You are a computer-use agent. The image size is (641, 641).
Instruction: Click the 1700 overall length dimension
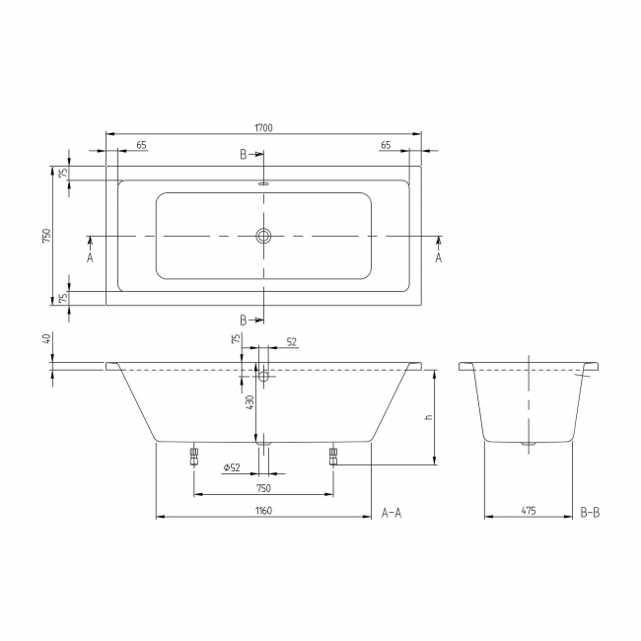tap(263, 127)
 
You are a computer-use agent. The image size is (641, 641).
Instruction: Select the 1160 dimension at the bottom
tap(262, 511)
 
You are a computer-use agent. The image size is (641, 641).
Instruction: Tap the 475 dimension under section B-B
tap(529, 511)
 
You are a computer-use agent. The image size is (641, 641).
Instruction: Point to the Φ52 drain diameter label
tap(233, 466)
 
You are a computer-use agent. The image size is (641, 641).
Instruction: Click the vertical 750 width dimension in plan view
tap(45, 237)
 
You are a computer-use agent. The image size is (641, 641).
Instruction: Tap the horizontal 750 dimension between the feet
tap(262, 488)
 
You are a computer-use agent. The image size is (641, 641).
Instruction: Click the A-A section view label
tap(392, 513)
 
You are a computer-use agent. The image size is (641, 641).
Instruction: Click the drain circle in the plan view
tap(263, 237)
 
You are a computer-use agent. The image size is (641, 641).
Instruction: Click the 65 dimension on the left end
tap(141, 145)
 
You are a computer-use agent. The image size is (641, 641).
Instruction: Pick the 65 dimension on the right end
tap(386, 145)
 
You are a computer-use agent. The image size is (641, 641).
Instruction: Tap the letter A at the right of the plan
tap(439, 257)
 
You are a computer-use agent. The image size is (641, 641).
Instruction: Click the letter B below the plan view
tap(244, 320)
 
